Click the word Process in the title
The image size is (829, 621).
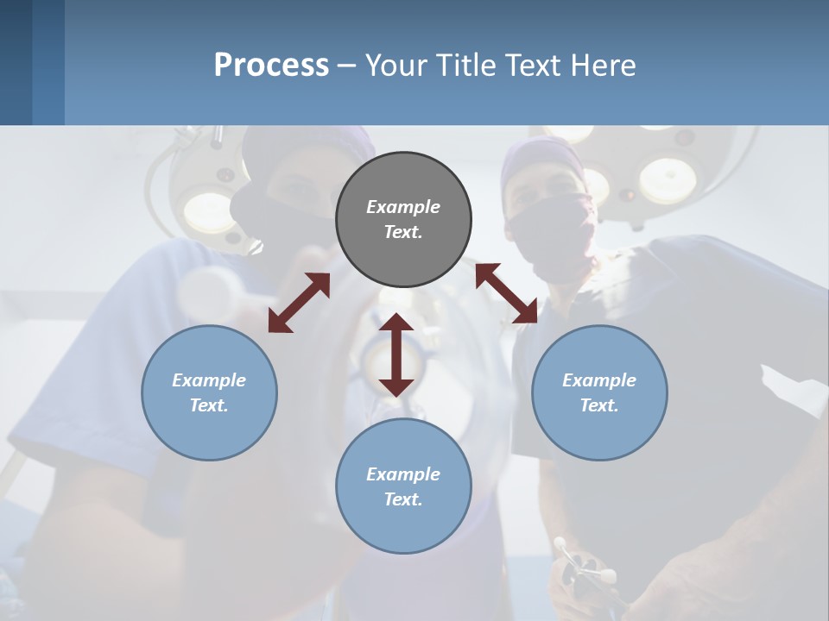pos(271,66)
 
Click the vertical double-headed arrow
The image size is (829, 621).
pos(396,354)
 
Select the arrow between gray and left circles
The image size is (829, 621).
pos(299,303)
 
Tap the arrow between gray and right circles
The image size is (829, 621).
pos(506,293)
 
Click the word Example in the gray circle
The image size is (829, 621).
pos(403,207)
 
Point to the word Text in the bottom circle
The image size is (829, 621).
pos(402,499)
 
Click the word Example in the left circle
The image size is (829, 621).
pos(209,380)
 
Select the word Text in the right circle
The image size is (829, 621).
pos(598,405)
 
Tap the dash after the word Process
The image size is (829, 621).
pos(346,66)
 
